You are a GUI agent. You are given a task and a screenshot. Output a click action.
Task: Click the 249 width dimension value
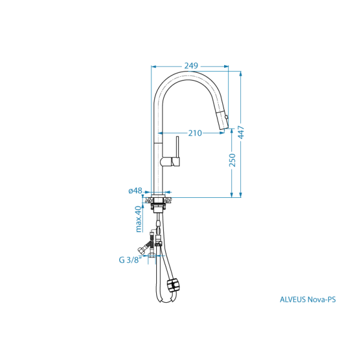click(191, 66)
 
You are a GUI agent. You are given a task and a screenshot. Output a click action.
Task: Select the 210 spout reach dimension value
click(195, 133)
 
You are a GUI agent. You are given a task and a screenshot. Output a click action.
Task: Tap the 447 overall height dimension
click(241, 132)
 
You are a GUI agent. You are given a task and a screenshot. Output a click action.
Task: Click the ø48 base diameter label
click(135, 191)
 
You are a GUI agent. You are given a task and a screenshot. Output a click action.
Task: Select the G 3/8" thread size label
click(129, 259)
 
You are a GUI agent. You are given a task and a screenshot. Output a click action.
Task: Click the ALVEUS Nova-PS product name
click(308, 300)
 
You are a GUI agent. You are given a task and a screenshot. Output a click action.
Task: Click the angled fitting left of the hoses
click(142, 248)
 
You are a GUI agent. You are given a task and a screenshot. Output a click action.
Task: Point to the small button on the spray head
click(226, 117)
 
